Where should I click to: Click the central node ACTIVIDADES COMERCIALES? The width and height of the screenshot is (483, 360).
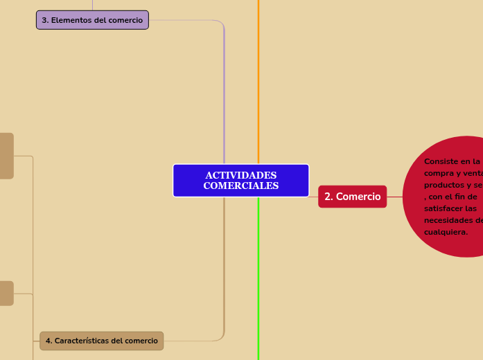[x=240, y=181]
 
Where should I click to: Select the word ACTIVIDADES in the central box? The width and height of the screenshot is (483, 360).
[x=240, y=176]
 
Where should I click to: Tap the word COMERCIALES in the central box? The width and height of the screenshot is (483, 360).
[x=240, y=186]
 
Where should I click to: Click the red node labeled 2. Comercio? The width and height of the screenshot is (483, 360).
[x=352, y=197]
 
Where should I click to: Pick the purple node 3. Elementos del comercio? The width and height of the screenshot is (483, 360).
[x=92, y=20]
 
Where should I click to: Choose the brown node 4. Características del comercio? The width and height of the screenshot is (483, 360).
[x=101, y=341]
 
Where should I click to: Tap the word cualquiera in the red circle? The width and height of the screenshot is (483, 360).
[x=446, y=232]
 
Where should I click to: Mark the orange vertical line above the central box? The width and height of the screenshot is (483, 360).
[x=258, y=83]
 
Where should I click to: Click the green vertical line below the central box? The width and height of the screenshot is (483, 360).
[x=258, y=277]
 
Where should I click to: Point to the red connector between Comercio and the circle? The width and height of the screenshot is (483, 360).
[x=394, y=197]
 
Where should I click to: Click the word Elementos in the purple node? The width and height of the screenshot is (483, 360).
[x=73, y=20]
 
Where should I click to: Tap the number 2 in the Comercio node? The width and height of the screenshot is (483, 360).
[x=328, y=197]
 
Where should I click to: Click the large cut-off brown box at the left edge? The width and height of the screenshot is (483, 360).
[x=6, y=156]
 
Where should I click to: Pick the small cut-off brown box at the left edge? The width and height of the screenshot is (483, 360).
[x=6, y=293]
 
